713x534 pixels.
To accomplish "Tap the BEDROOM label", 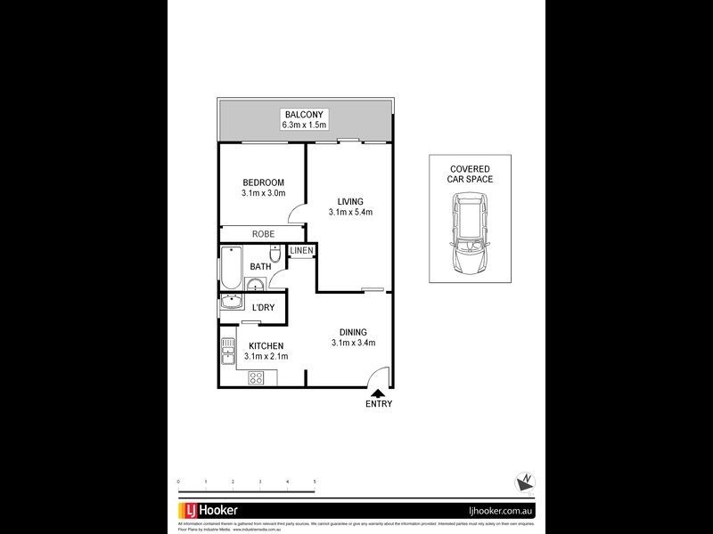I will [x=263, y=182].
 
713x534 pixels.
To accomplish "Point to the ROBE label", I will [x=263, y=233].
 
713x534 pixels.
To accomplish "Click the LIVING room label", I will [x=350, y=200].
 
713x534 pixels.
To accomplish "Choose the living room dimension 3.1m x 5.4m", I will [x=350, y=212].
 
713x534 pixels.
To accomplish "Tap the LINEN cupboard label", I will [x=301, y=251].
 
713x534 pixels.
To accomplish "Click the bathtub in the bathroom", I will [x=230, y=266].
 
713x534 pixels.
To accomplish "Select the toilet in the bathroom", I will [x=276, y=255].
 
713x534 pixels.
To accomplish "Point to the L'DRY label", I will [x=263, y=308].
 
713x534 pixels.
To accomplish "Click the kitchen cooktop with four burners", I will [x=256, y=377].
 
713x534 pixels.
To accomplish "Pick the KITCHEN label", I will [x=266, y=345].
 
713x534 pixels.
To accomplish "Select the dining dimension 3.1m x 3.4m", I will [x=353, y=343].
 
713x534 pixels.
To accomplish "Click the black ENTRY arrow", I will [x=378, y=392].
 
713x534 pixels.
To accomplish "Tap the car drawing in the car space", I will [x=470, y=235].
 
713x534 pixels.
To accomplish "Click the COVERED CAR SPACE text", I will [x=470, y=174].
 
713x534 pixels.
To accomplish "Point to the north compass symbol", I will [x=523, y=481].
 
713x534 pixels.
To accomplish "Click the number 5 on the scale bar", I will [x=315, y=481].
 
